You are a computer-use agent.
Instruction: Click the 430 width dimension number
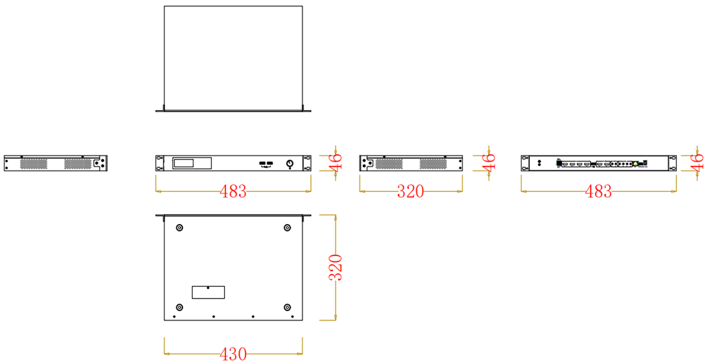click(x=234, y=354)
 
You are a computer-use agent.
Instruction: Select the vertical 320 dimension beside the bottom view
click(x=336, y=268)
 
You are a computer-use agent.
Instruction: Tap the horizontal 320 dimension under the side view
click(x=411, y=192)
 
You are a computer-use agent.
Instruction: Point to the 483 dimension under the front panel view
click(x=234, y=192)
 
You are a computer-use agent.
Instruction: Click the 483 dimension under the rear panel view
click(x=598, y=192)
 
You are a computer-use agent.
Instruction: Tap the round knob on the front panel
click(x=290, y=164)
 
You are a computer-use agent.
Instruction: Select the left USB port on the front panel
click(x=262, y=163)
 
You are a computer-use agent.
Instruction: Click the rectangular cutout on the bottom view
click(x=208, y=293)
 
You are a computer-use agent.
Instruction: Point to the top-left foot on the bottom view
click(x=179, y=228)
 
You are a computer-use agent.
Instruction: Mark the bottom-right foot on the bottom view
click(x=287, y=307)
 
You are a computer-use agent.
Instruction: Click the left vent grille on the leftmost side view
click(x=34, y=164)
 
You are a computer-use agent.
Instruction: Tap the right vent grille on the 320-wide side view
click(x=433, y=164)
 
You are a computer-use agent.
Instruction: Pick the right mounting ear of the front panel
click(x=307, y=163)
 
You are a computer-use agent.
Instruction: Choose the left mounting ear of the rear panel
click(x=525, y=163)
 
